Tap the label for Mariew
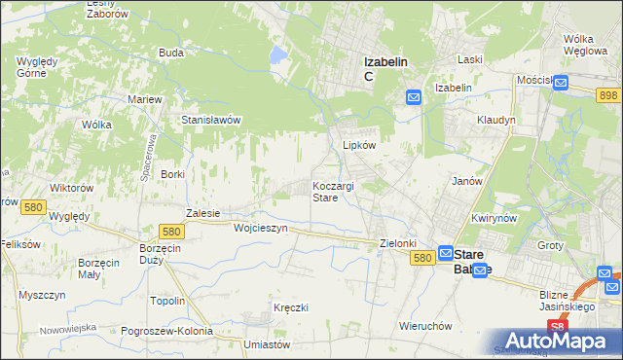[x=145, y=99]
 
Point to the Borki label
[x=172, y=174]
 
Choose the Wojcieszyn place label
[x=261, y=228]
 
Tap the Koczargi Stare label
[x=333, y=191]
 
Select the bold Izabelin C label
[x=385, y=68]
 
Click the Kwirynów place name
[x=493, y=218]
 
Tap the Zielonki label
[x=398, y=243]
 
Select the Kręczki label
[x=291, y=307]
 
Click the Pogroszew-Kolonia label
[x=167, y=331]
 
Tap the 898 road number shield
[x=608, y=93]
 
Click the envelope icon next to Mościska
[x=561, y=84]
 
